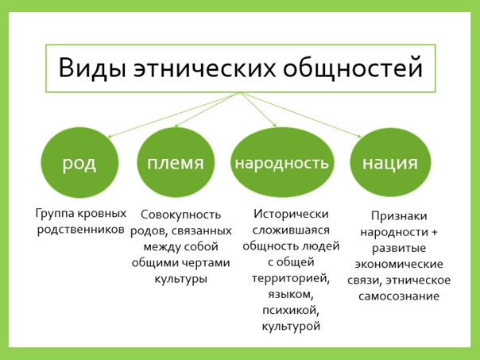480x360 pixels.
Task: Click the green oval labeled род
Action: [79, 164]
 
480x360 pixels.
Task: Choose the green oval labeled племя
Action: [176, 164]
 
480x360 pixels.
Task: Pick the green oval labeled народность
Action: [281, 164]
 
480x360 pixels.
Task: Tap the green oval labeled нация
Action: [389, 164]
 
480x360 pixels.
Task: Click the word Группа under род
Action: [56, 214]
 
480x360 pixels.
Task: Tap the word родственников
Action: [79, 230]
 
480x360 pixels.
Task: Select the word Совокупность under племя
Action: [179, 215]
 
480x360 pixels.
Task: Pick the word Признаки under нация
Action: [398, 216]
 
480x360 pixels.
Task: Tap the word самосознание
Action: [399, 296]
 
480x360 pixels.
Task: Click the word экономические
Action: [399, 265]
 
